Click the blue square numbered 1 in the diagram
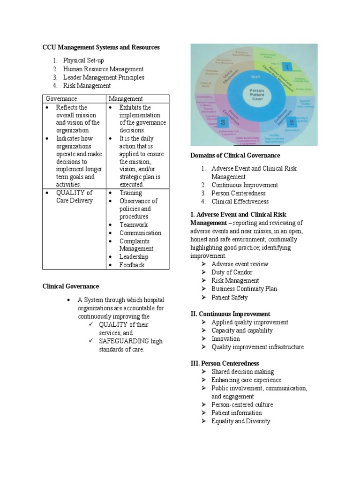tap(286, 67)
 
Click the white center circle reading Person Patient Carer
tap(256, 95)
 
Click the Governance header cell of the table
tap(61, 99)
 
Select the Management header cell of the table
tap(126, 99)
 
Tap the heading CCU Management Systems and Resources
tap(101, 47)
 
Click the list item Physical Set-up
tap(83, 60)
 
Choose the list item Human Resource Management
tap(103, 69)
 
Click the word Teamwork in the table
tap(134, 225)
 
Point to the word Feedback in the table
tap(132, 265)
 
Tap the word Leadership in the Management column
tap(134, 257)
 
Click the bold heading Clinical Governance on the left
tap(71, 286)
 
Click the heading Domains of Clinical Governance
tap(235, 155)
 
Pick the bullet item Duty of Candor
tap(232, 272)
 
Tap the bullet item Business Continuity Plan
tap(244, 289)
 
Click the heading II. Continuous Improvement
tap(230, 314)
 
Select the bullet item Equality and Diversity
tap(240, 421)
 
